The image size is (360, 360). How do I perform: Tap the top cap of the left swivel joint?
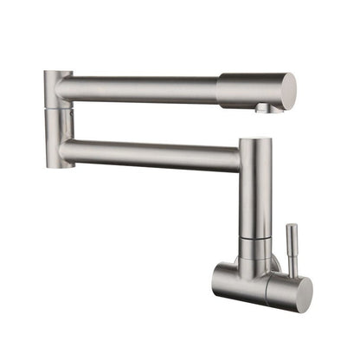57,74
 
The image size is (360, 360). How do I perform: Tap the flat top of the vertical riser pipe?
256,141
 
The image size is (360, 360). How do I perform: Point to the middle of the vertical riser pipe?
256,199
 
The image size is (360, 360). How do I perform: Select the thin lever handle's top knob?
292,229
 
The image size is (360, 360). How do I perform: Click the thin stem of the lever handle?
292,251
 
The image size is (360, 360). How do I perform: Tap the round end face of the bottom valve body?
299,292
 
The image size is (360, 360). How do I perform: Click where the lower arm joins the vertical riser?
241,158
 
